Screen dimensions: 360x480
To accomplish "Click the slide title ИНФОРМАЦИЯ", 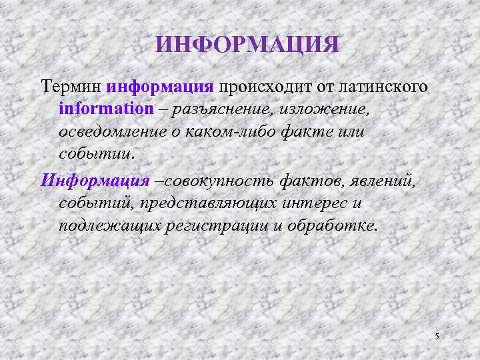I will tap(247, 45).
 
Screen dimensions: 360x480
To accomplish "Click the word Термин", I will tap(71, 87).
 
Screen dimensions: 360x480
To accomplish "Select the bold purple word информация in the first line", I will tap(159, 87).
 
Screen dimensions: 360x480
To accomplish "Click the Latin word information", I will tap(105, 109).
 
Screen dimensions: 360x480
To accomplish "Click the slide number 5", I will tap(437, 336).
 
